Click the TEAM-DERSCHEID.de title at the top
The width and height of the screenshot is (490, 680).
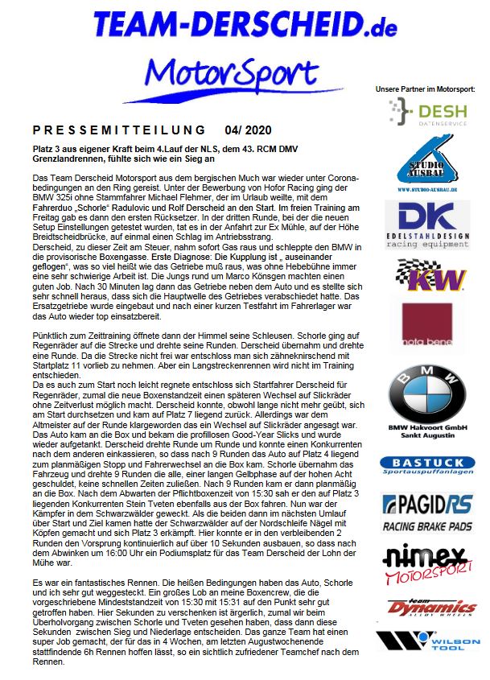[245, 24]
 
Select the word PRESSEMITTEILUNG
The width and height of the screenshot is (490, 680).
[120, 130]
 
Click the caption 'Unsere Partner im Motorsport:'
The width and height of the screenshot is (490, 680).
[426, 87]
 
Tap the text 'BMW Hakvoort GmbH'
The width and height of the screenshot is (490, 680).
[427, 429]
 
